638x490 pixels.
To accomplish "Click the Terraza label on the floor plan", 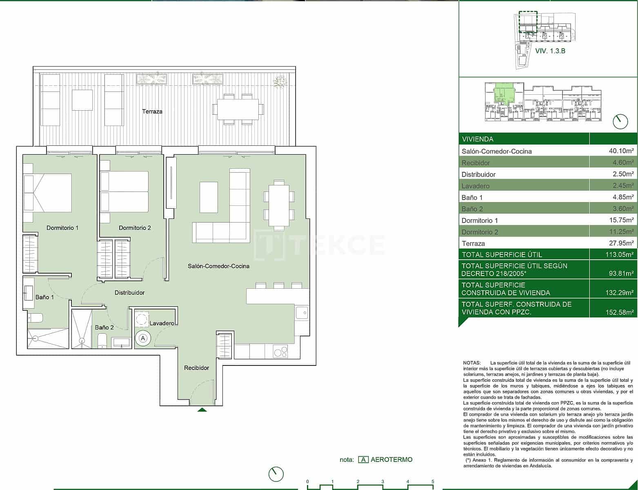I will (x=152, y=111).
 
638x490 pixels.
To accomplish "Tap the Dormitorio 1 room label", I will (x=62, y=228).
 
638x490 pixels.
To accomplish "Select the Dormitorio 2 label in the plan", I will (x=135, y=228).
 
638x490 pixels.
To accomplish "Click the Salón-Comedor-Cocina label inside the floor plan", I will (x=218, y=266).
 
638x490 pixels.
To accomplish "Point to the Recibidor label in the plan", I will (x=196, y=368).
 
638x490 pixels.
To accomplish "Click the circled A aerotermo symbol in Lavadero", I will (x=143, y=339).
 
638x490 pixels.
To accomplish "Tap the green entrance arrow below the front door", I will (x=202, y=409).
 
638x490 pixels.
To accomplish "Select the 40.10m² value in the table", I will (x=621, y=151).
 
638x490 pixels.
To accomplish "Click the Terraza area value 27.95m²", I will (x=621, y=243).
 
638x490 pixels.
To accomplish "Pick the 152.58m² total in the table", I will (x=619, y=312).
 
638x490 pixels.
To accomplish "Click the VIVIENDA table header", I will (x=478, y=139).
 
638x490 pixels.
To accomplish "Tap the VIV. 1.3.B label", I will (x=550, y=51).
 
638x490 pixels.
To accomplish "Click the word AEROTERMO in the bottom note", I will (x=391, y=460).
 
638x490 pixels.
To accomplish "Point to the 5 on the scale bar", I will (x=433, y=482).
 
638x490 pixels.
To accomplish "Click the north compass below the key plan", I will (x=620, y=121).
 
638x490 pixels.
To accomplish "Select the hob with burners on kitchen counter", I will (x=280, y=352).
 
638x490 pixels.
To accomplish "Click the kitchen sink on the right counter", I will (x=302, y=313).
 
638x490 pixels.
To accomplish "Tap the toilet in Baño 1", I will (x=35, y=318).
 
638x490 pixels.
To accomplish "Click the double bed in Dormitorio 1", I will (x=47, y=193).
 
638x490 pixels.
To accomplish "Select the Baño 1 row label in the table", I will (x=472, y=198).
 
